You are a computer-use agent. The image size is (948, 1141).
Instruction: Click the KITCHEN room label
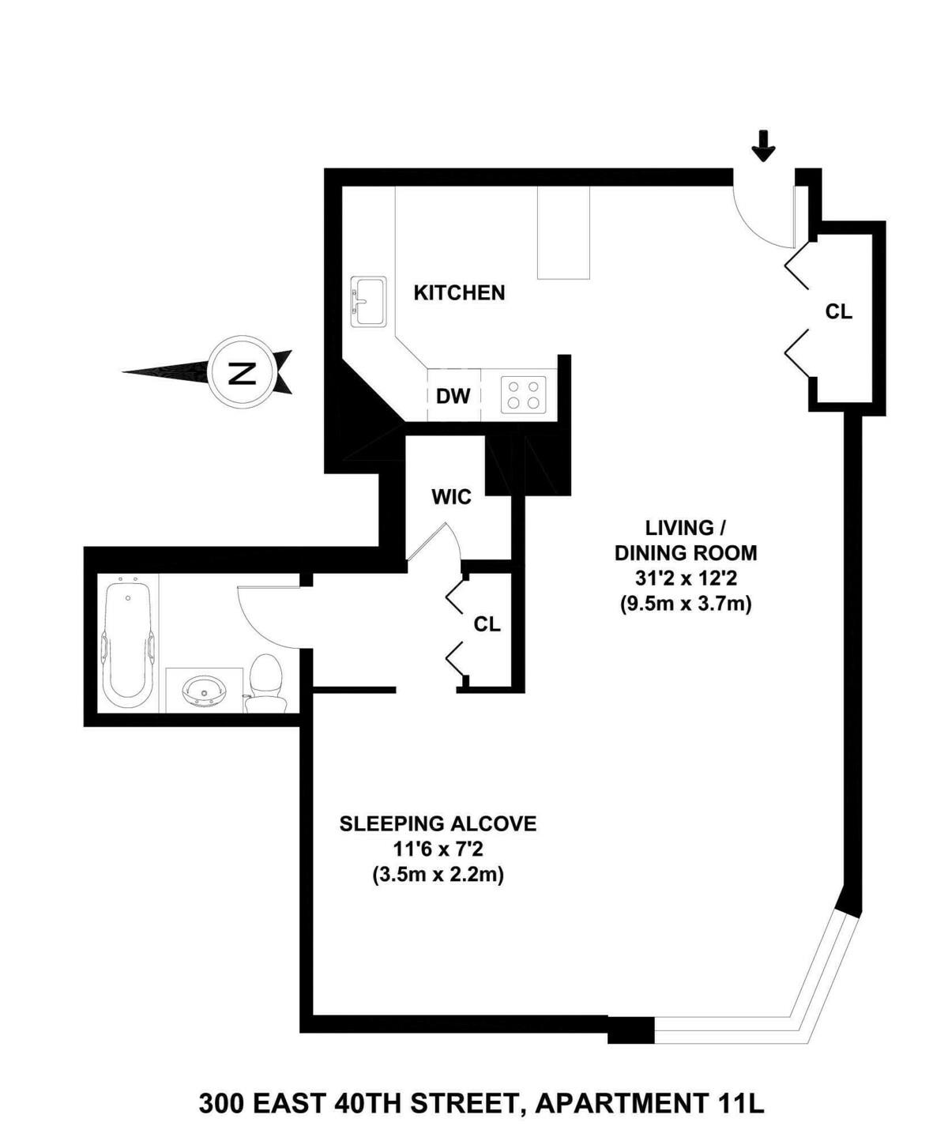click(x=459, y=293)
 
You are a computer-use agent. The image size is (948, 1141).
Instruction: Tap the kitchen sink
click(x=368, y=301)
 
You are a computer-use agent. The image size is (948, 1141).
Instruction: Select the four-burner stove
click(x=524, y=394)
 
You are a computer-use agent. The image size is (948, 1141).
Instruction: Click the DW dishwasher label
click(x=453, y=396)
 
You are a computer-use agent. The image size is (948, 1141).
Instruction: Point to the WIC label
click(x=451, y=497)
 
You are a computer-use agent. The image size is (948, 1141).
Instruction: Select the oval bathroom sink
click(x=205, y=692)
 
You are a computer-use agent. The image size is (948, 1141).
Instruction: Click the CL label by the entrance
click(x=838, y=312)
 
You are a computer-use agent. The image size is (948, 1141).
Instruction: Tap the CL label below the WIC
click(x=487, y=624)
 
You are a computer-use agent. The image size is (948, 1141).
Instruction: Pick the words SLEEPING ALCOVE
click(x=438, y=823)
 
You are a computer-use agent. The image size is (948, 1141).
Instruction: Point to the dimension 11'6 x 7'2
click(x=438, y=849)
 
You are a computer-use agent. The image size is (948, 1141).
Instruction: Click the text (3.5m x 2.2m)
click(x=438, y=876)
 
